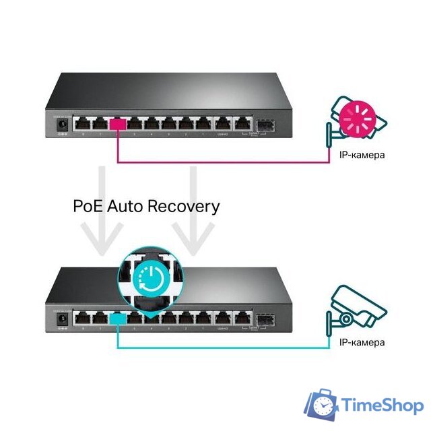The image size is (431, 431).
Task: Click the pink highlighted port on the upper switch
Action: click(x=119, y=125)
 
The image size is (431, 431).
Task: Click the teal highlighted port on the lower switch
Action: click(x=118, y=317)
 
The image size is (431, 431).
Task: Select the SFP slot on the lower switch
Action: click(x=261, y=317)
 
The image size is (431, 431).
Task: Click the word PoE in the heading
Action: click(x=87, y=205)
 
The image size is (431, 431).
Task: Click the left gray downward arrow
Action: click(x=101, y=215)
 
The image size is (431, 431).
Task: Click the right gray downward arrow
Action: click(x=192, y=215)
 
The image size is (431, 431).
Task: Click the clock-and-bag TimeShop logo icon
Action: click(x=322, y=405)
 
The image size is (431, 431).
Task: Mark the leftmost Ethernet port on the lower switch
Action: click(x=83, y=318)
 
